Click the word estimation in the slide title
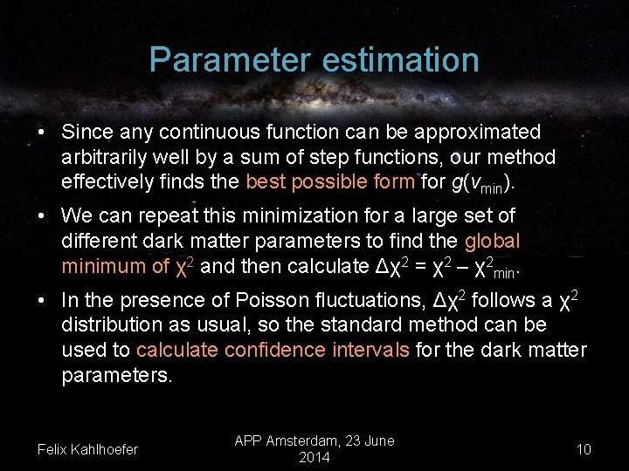[x=395, y=60]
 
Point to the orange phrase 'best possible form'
[x=330, y=181]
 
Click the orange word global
[x=492, y=240]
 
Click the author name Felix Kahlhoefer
[x=87, y=449]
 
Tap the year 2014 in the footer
[x=314, y=458]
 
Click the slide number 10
[x=584, y=449]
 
